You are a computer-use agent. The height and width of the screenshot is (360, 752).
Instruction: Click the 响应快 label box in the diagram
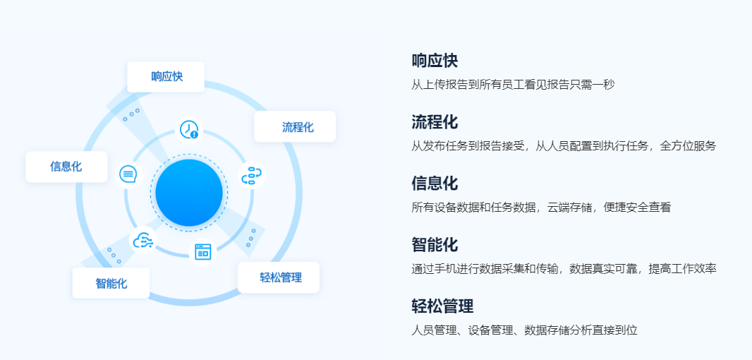(166, 77)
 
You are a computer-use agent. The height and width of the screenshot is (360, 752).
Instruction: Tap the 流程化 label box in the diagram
(295, 127)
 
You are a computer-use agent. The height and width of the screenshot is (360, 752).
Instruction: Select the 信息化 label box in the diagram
(66, 167)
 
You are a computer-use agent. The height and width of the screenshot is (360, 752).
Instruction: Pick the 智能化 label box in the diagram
(111, 283)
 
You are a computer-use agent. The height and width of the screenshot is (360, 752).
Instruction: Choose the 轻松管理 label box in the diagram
(279, 277)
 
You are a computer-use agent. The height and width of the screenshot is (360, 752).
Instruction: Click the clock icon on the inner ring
(189, 130)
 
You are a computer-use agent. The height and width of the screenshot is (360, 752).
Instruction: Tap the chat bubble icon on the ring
(128, 174)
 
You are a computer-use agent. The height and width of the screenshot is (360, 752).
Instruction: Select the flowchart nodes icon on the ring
(251, 175)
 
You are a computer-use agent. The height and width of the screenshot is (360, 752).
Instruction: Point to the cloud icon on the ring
(143, 240)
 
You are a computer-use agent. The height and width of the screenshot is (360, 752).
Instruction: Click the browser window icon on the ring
(203, 251)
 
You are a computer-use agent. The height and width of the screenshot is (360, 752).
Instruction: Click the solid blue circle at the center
(189, 193)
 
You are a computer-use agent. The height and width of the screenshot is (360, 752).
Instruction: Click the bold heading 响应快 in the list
(435, 61)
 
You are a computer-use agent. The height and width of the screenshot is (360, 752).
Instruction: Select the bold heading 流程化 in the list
(435, 122)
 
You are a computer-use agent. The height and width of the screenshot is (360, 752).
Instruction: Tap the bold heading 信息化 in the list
(435, 184)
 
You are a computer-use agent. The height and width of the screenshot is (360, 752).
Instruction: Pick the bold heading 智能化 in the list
(435, 245)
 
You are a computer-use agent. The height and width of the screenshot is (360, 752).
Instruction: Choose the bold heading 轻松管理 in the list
(442, 306)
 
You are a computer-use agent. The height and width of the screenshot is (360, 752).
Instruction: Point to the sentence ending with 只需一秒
(513, 85)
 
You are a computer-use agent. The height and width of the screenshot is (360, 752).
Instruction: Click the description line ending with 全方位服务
(564, 146)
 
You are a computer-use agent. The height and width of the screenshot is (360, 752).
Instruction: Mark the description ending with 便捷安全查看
(541, 208)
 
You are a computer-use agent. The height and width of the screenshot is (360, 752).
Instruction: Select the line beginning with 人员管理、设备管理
(524, 330)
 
